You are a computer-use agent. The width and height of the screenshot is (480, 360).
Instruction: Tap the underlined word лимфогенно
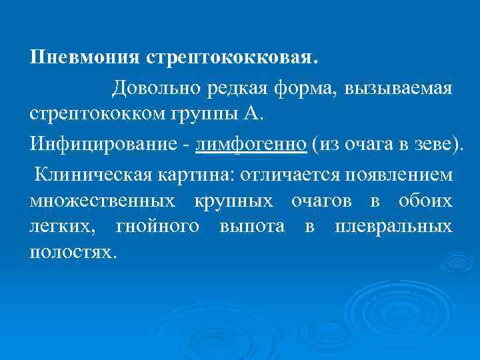251,144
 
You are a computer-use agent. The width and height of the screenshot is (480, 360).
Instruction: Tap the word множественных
103,201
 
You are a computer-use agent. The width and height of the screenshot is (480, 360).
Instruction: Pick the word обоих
425,201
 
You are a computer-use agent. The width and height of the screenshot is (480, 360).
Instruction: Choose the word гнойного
157,226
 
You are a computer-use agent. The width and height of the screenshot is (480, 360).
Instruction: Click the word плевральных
394,226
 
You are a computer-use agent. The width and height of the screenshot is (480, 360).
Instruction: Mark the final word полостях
71,251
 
